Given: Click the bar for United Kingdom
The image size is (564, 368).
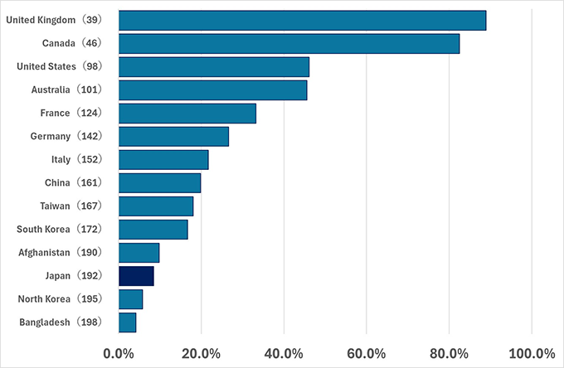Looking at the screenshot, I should click(x=303, y=20).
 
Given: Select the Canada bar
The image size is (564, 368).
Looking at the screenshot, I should click(x=289, y=43).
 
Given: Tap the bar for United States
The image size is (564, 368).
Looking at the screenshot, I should click(x=214, y=66).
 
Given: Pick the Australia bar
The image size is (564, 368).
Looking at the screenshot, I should click(x=213, y=90).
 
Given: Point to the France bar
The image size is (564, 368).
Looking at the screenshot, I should click(x=187, y=113).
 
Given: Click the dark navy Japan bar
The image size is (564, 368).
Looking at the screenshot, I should click(x=136, y=276).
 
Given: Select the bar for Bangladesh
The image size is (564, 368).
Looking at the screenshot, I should click(x=128, y=322).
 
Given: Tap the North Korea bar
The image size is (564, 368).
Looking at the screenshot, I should click(x=131, y=299).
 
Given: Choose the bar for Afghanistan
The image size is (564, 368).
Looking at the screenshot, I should click(x=139, y=253).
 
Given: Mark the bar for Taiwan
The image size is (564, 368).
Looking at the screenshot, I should click(x=156, y=206).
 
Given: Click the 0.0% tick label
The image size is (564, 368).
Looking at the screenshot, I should click(x=119, y=353).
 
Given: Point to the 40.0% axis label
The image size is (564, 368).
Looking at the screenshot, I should click(x=284, y=353).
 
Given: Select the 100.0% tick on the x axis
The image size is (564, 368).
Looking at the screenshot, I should click(x=531, y=353).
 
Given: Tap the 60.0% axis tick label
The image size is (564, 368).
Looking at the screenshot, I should click(x=367, y=353).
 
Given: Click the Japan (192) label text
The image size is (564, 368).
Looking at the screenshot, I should click(x=75, y=276).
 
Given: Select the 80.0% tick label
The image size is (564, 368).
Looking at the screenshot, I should click(x=449, y=353).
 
